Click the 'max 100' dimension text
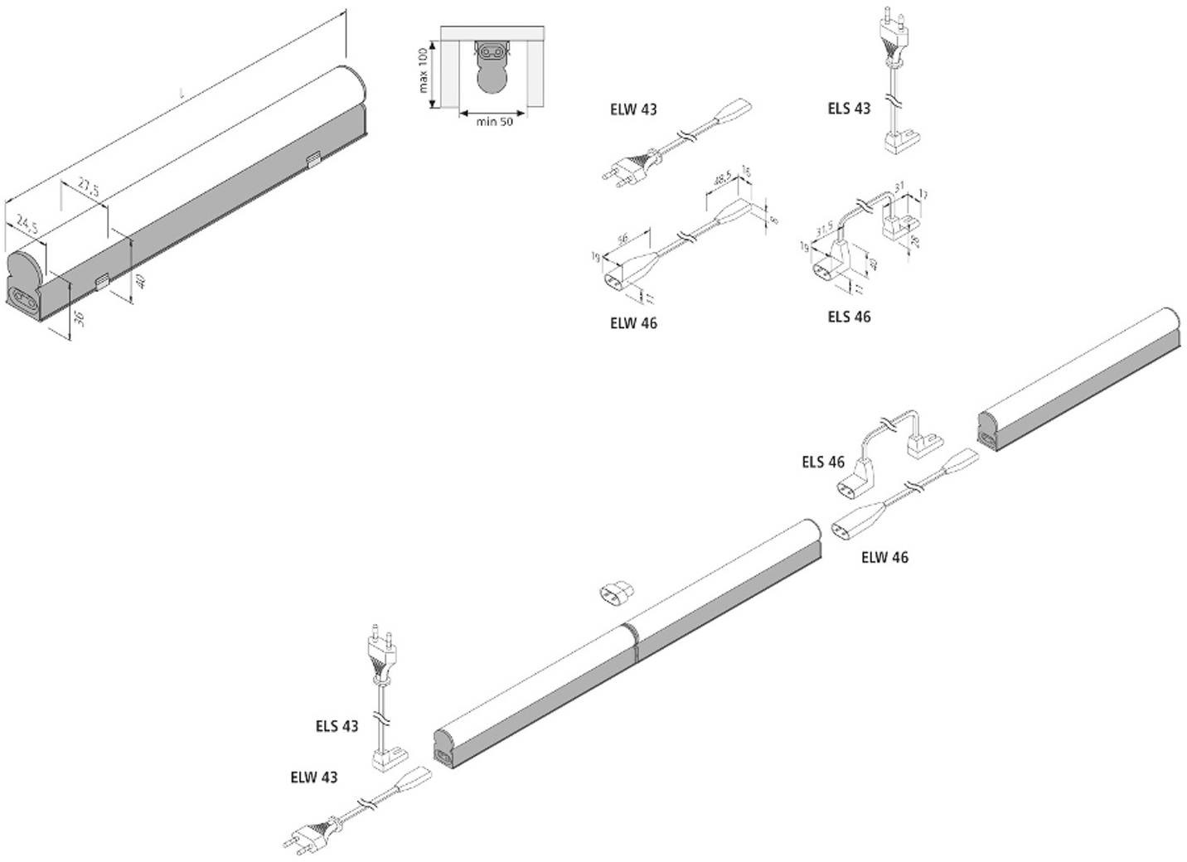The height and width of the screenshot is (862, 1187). click(422, 70)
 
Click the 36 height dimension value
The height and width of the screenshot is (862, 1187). click(80, 318)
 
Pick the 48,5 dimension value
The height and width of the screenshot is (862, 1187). click(723, 180)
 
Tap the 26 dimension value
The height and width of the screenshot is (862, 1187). click(915, 241)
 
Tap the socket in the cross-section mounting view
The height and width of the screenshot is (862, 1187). click(491, 53)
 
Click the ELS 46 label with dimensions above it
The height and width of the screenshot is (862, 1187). click(849, 317)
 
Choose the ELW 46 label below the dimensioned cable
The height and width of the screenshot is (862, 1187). click(633, 323)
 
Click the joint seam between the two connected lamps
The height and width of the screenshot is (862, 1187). click(633, 642)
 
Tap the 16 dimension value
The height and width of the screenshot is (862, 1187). click(745, 172)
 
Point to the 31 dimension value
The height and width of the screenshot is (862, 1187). click(901, 186)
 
